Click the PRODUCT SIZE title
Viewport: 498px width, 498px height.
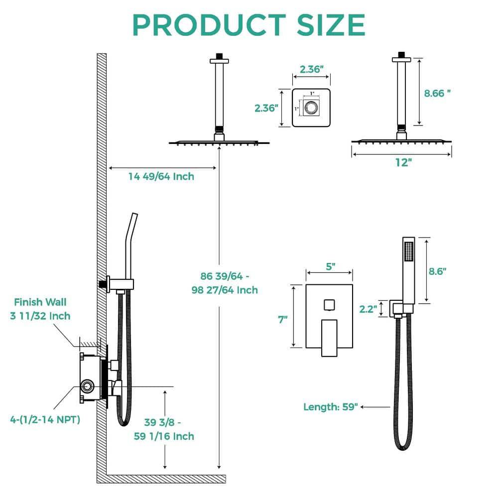[x=249, y=24]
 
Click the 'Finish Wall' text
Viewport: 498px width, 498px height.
[x=40, y=302]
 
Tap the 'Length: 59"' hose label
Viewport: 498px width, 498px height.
[x=331, y=407]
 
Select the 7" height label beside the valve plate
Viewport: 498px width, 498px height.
[x=283, y=319]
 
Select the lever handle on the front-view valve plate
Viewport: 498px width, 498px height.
[x=329, y=338]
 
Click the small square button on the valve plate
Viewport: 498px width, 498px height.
[x=329, y=304]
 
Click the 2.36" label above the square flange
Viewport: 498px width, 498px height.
[x=311, y=70]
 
